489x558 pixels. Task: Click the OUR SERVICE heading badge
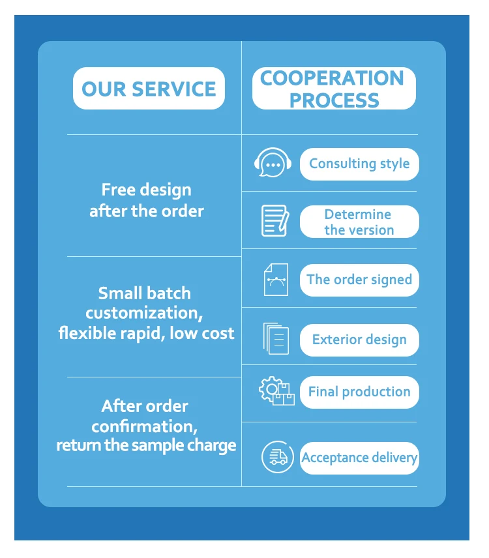tap(149, 89)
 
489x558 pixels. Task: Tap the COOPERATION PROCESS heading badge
tap(334, 89)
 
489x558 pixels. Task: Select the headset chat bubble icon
tap(272, 163)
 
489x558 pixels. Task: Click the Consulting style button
tap(359, 164)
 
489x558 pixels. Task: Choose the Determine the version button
tap(359, 222)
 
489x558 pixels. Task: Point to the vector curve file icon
tap(275, 279)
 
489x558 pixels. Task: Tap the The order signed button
tap(359, 280)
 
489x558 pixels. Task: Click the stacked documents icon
tap(275, 338)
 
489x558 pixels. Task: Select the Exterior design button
tap(359, 340)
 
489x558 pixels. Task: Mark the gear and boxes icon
tap(276, 392)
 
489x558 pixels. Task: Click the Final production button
tap(359, 392)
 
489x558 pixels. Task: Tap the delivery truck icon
tap(278, 456)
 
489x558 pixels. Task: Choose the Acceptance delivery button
tap(359, 458)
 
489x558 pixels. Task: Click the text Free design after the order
tap(147, 200)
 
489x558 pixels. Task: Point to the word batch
tap(169, 293)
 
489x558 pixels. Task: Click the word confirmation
tap(142, 426)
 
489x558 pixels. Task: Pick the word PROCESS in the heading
tap(334, 100)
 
